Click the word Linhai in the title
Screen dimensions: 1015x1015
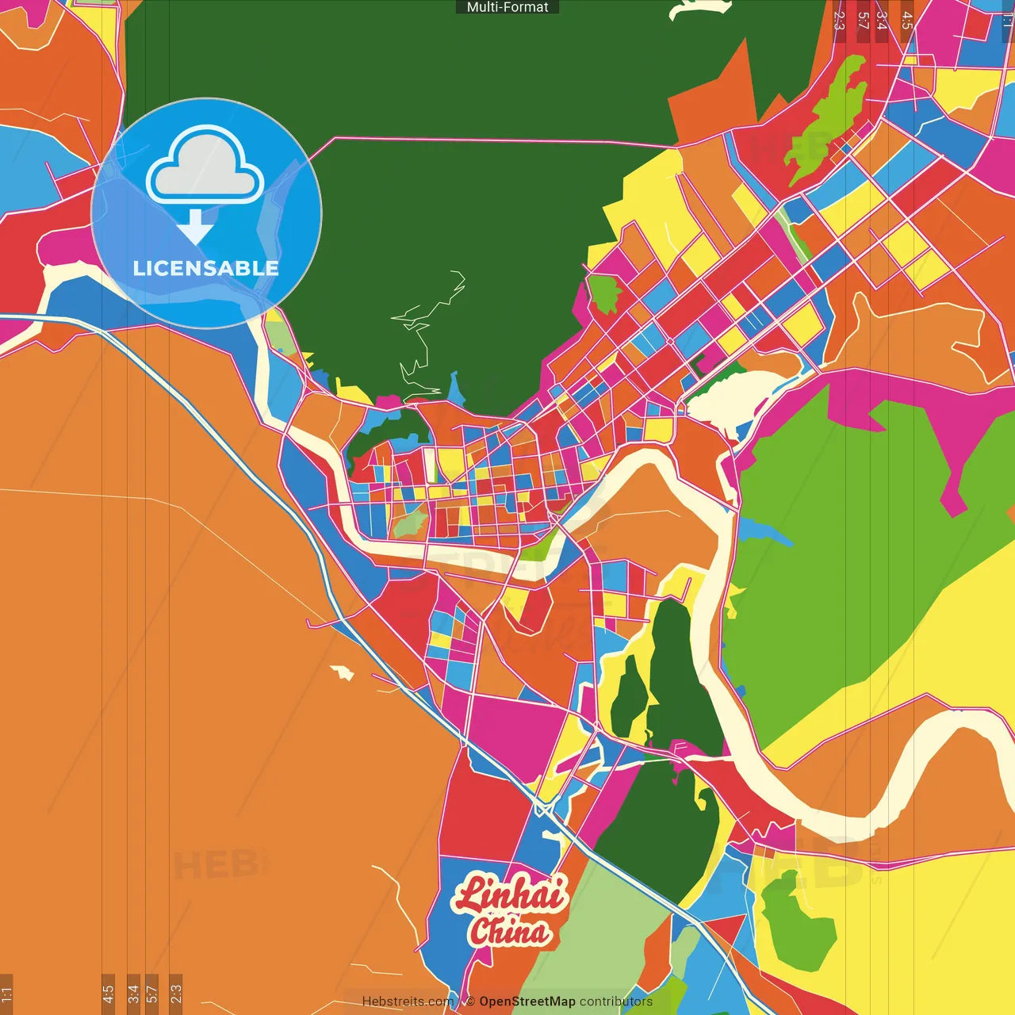tap(510, 894)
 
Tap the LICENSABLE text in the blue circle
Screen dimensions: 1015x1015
tap(205, 268)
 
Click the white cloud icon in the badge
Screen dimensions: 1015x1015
tap(205, 167)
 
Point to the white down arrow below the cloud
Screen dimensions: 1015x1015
tap(194, 227)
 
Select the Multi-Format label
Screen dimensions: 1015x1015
tap(507, 7)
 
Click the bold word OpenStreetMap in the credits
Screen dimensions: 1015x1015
tap(527, 1002)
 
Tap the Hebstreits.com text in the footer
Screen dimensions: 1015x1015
tap(408, 1002)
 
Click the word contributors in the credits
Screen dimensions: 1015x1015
tap(615, 1002)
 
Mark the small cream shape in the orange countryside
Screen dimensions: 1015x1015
tap(343, 672)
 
